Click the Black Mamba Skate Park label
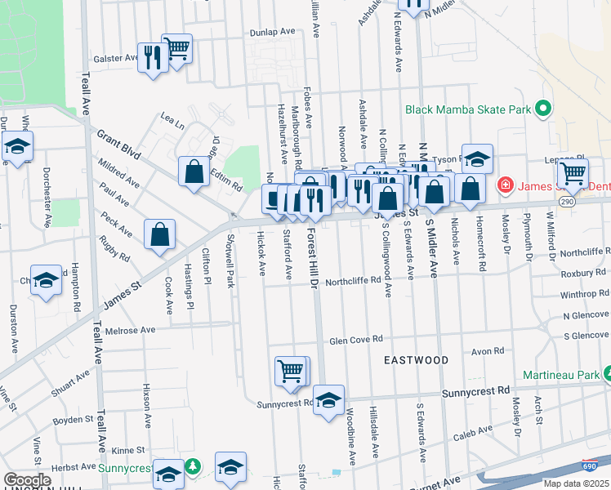click(x=467, y=109)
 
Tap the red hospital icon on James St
click(x=506, y=186)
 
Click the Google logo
click(x=27, y=480)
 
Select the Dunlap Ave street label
click(x=273, y=31)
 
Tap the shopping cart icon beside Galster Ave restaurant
click(x=176, y=48)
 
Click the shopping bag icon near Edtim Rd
click(x=194, y=171)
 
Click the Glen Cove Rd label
click(x=355, y=341)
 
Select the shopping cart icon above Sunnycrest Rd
click(x=290, y=371)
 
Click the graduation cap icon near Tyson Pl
click(x=477, y=158)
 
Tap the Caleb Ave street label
click(x=473, y=437)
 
